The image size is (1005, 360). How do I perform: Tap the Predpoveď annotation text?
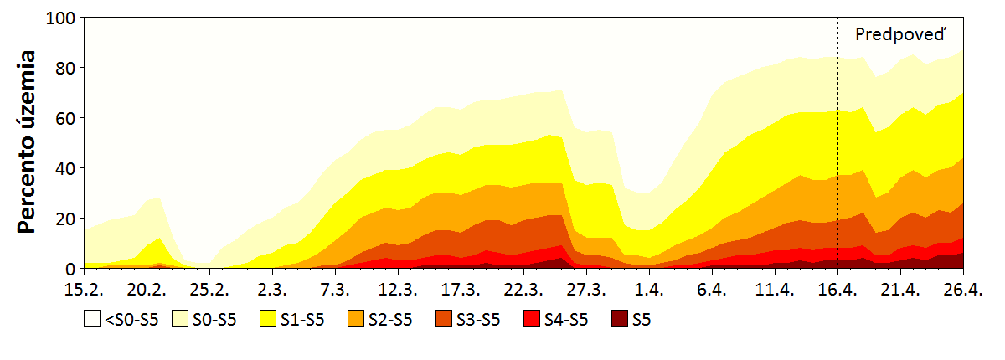[x=904, y=34]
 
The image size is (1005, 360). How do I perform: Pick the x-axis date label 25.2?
[x=209, y=290]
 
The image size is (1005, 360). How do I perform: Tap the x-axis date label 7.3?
[x=335, y=290]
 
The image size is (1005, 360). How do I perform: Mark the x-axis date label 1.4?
[x=649, y=290]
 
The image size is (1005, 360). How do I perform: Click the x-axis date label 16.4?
[x=837, y=290]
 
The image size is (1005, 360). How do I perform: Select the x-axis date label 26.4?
[x=963, y=290]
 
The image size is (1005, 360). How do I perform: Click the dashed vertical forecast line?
[x=837, y=167]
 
